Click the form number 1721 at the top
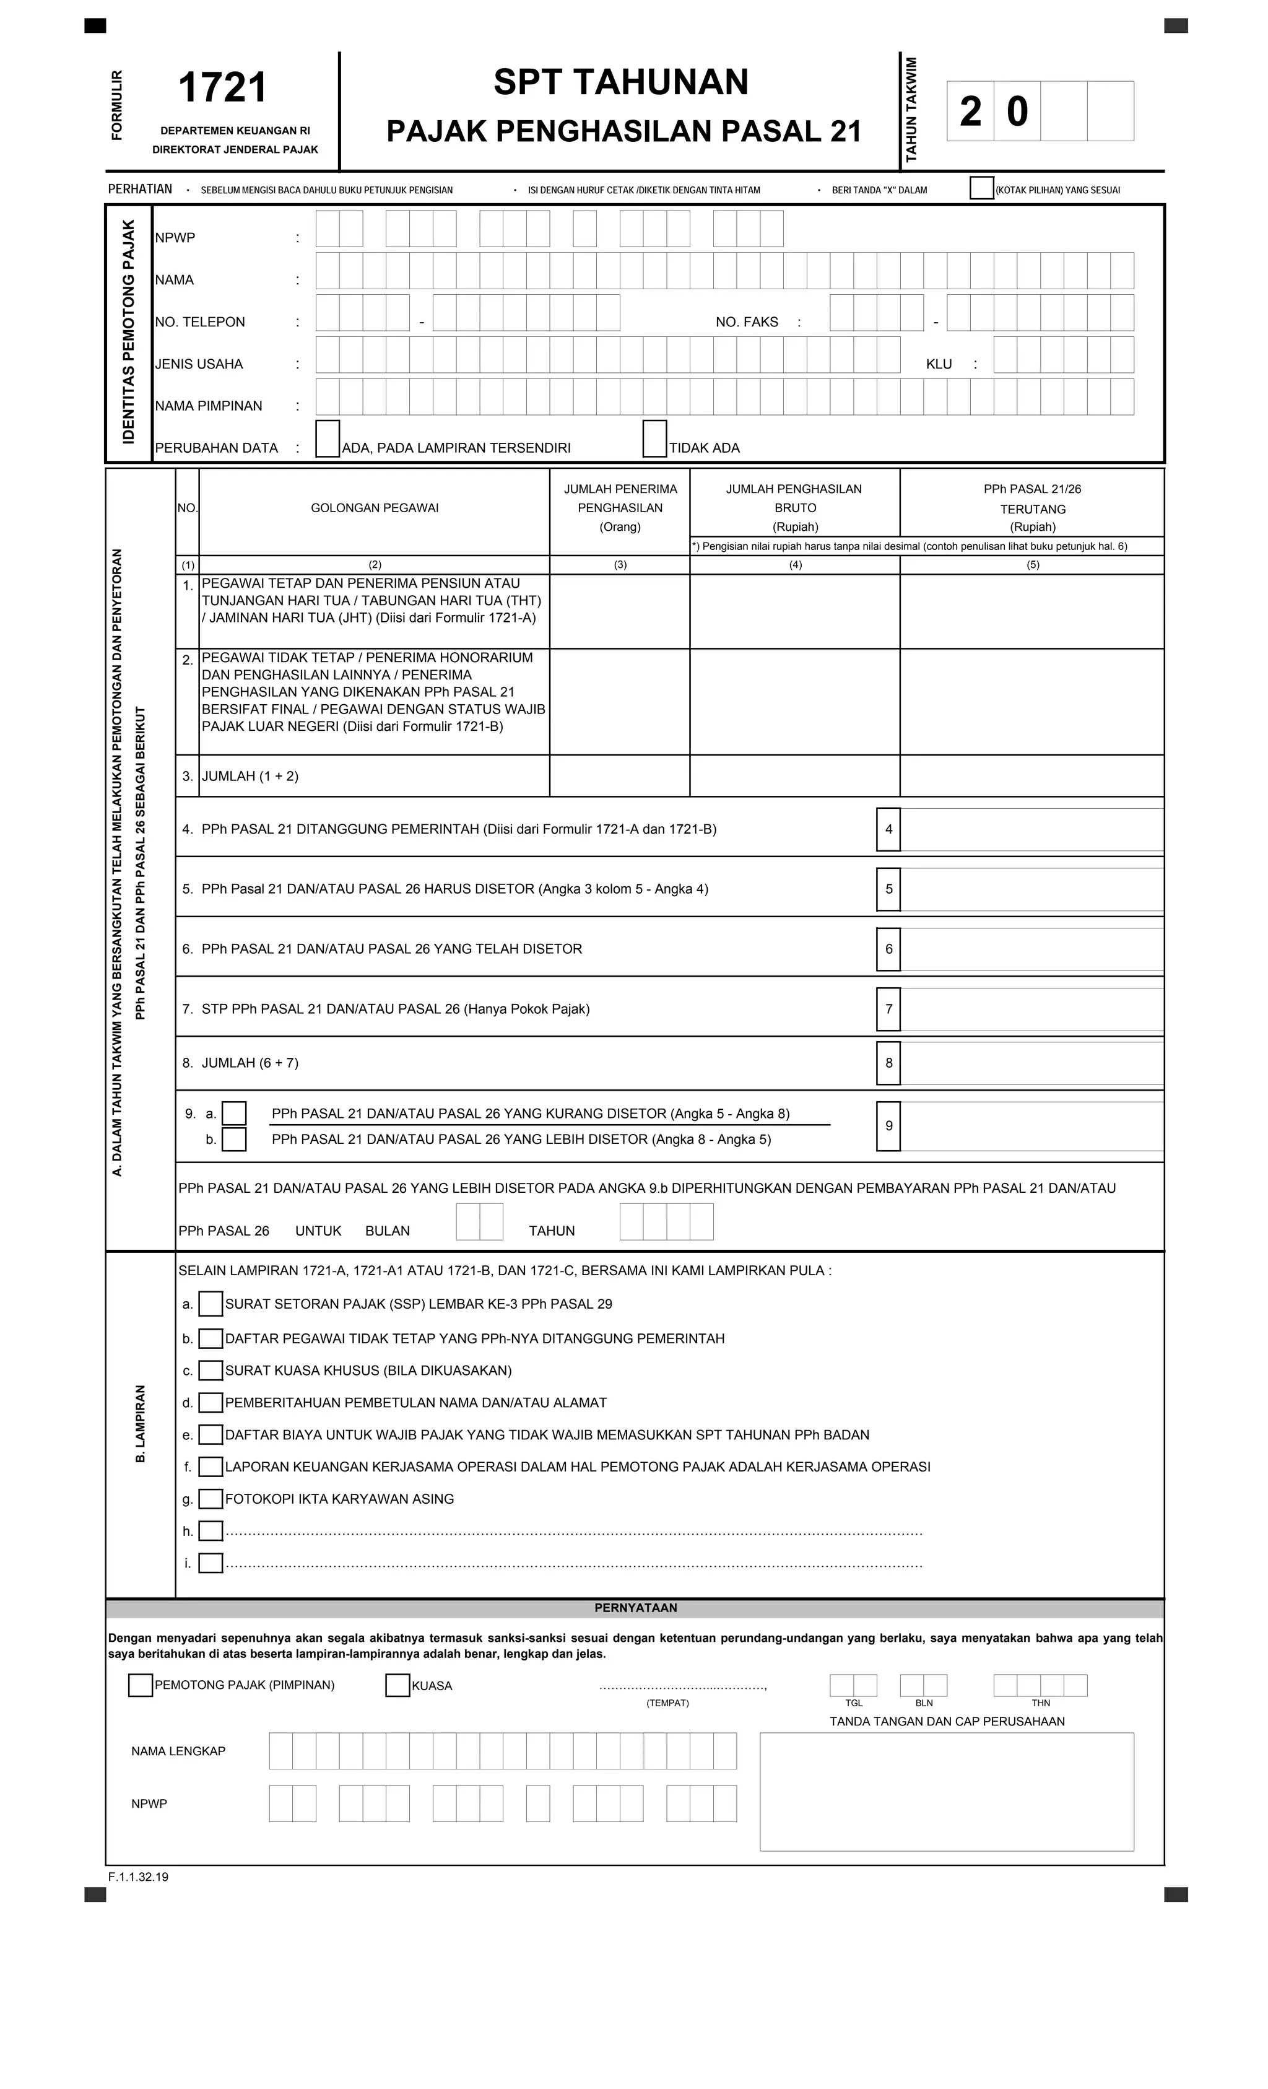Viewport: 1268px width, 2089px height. (x=223, y=88)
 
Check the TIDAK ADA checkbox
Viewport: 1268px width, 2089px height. (x=654, y=439)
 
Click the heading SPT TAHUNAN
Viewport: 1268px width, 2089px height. (x=620, y=82)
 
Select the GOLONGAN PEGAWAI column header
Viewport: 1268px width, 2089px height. (x=375, y=508)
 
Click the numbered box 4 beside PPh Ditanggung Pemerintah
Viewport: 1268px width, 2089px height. (x=888, y=829)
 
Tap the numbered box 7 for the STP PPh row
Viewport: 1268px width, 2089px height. (x=888, y=1009)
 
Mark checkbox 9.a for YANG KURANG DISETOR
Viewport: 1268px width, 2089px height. (x=234, y=1113)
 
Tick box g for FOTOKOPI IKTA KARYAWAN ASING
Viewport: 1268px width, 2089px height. (x=211, y=1499)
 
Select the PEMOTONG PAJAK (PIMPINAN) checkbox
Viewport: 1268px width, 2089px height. (x=141, y=1685)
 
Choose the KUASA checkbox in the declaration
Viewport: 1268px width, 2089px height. (x=397, y=1685)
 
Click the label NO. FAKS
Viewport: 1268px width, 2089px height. (x=746, y=322)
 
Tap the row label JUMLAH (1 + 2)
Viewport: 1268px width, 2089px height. (x=250, y=776)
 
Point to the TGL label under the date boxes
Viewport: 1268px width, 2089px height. (x=854, y=1703)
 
